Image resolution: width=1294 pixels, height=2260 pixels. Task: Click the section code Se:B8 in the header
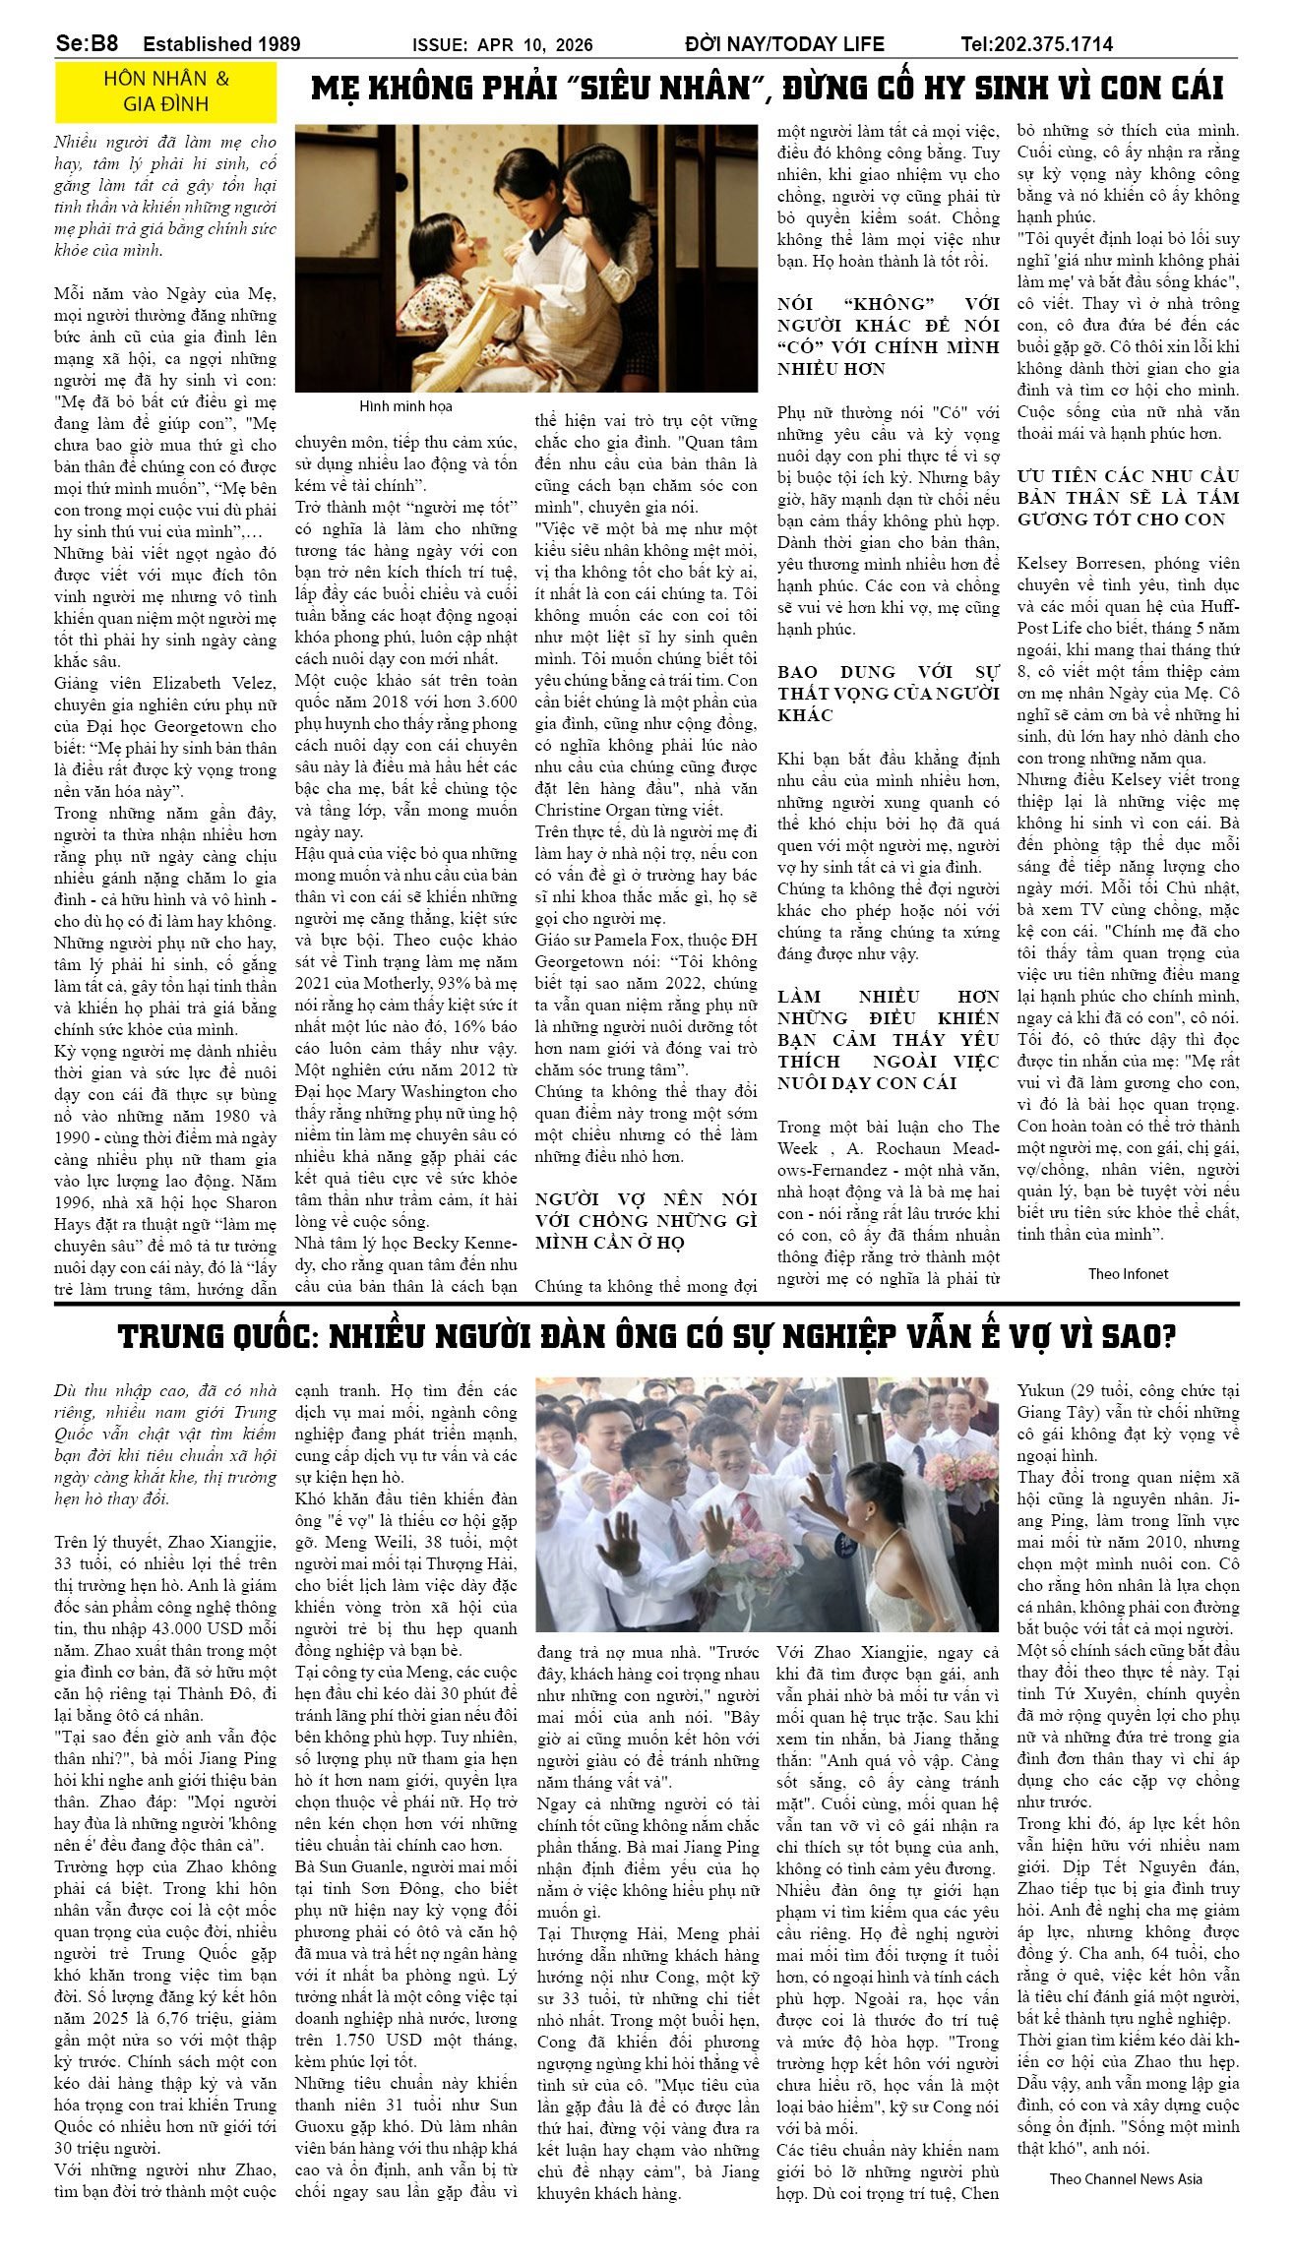pos(88,44)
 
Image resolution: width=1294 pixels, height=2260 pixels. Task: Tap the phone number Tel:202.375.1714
pos(1036,44)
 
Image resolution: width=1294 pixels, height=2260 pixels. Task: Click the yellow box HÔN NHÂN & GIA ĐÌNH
pos(165,92)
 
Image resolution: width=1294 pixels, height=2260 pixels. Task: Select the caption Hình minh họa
pos(405,406)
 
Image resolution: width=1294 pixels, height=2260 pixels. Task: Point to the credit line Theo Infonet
pos(1128,1274)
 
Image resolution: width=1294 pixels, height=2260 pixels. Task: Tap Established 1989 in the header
pos(221,44)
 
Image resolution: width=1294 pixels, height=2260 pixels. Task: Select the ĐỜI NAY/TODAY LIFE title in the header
pos(784,44)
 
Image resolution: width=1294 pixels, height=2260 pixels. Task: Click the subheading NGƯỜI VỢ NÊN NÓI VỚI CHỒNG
pos(646,1220)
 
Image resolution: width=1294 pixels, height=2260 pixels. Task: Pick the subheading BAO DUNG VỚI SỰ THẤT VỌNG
pos(888,693)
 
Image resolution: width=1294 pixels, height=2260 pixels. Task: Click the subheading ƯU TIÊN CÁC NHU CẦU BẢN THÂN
pos(1128,498)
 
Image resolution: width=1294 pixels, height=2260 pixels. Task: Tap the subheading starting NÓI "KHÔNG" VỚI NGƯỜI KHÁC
pos(888,336)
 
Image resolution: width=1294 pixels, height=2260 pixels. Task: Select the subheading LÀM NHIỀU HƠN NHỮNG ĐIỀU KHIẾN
pos(888,1039)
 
